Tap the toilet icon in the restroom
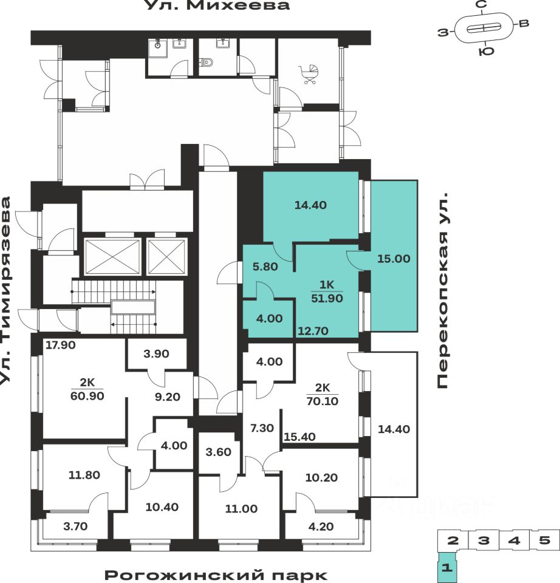pos(208,62)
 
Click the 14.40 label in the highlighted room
pos(310,205)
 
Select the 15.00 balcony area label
pos(394,258)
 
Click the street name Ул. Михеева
pos(217,6)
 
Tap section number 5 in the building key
pos(544,540)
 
